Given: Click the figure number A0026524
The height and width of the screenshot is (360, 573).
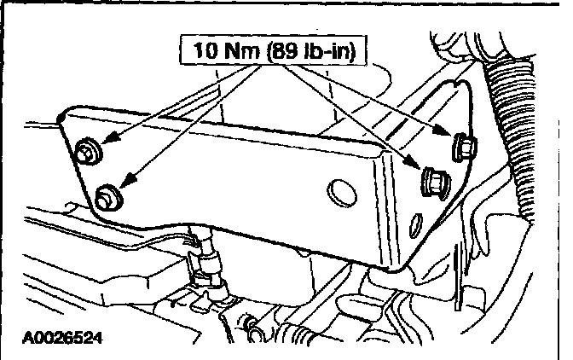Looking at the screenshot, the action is click(x=57, y=337).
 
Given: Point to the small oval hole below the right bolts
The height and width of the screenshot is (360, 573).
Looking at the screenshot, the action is click(x=417, y=226).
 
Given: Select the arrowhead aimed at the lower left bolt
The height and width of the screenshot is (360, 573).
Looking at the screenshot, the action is click(x=124, y=182).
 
